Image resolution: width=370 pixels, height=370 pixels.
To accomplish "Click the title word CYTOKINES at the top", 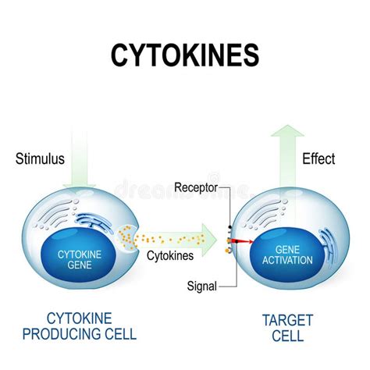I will (185, 57).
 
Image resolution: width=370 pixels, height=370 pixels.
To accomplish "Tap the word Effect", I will (318, 159).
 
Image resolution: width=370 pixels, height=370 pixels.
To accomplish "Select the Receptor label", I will (198, 187).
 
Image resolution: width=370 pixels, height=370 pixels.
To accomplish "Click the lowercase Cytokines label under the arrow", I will (169, 254).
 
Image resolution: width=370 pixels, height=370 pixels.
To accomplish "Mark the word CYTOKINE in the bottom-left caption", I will (78, 318).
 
